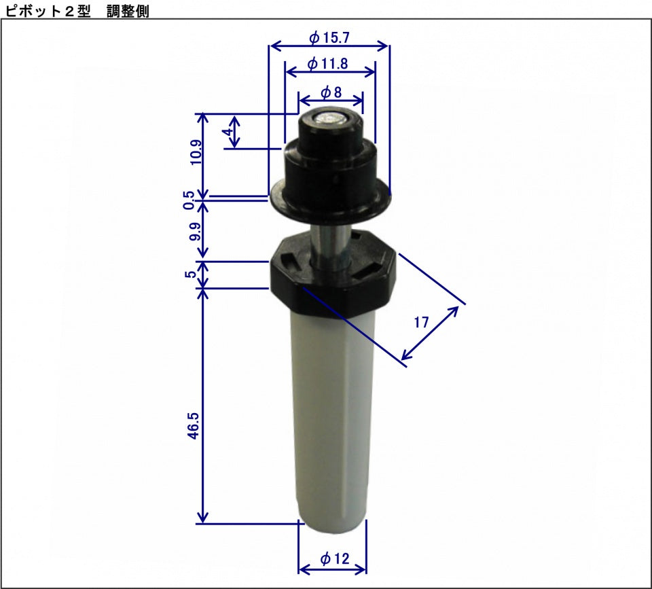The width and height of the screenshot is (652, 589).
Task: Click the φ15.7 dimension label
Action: tap(329, 37)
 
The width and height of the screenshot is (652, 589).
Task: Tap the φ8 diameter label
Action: tap(330, 91)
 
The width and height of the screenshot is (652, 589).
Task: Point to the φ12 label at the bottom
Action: tap(333, 558)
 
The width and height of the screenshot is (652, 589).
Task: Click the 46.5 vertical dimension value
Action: tap(194, 425)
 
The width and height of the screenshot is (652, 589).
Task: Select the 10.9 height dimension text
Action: tap(196, 153)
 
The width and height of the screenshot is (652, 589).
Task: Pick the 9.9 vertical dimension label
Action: tap(195, 232)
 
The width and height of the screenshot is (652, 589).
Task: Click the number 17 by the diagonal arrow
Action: tap(421, 322)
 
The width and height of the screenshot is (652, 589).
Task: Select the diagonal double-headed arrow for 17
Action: tap(431, 333)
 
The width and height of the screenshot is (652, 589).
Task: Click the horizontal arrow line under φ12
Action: tap(332, 571)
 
